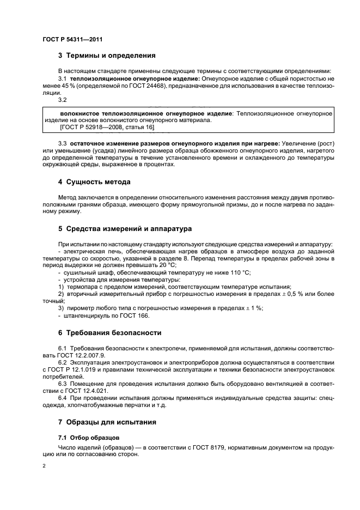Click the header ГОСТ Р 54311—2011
click(73, 40)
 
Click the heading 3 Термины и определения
click(107, 56)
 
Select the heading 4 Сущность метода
click(94, 181)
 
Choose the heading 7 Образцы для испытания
click(107, 422)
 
